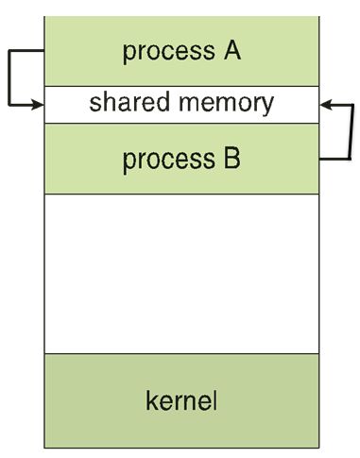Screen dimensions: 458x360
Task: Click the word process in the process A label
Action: (x=163, y=51)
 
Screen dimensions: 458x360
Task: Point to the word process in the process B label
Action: (x=163, y=160)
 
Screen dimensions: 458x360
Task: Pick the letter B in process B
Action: (x=231, y=159)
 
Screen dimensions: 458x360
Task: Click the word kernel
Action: (x=180, y=400)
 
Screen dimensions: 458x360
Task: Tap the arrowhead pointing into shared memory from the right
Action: (x=324, y=105)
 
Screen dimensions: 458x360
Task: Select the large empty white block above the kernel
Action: (x=180, y=274)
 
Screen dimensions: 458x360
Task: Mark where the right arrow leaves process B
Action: (x=318, y=160)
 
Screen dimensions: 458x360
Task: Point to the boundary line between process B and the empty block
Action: (x=180, y=195)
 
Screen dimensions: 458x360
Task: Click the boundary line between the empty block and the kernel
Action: (x=180, y=353)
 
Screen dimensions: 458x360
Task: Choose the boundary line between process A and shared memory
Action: (x=180, y=87)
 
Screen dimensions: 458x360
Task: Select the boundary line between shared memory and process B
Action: (x=180, y=122)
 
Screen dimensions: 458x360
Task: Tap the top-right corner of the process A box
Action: (x=318, y=17)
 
